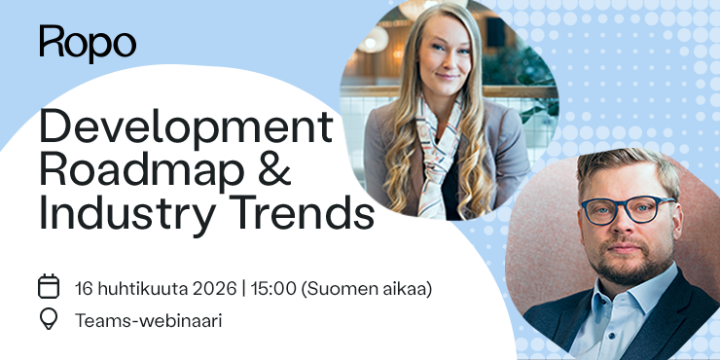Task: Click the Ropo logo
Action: (88, 43)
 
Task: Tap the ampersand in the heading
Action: (305, 170)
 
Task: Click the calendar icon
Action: (49, 287)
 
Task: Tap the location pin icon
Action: (49, 319)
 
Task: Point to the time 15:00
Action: (275, 288)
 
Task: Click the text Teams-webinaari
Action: (148, 320)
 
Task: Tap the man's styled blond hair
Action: (623, 165)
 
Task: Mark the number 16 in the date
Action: (84, 288)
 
